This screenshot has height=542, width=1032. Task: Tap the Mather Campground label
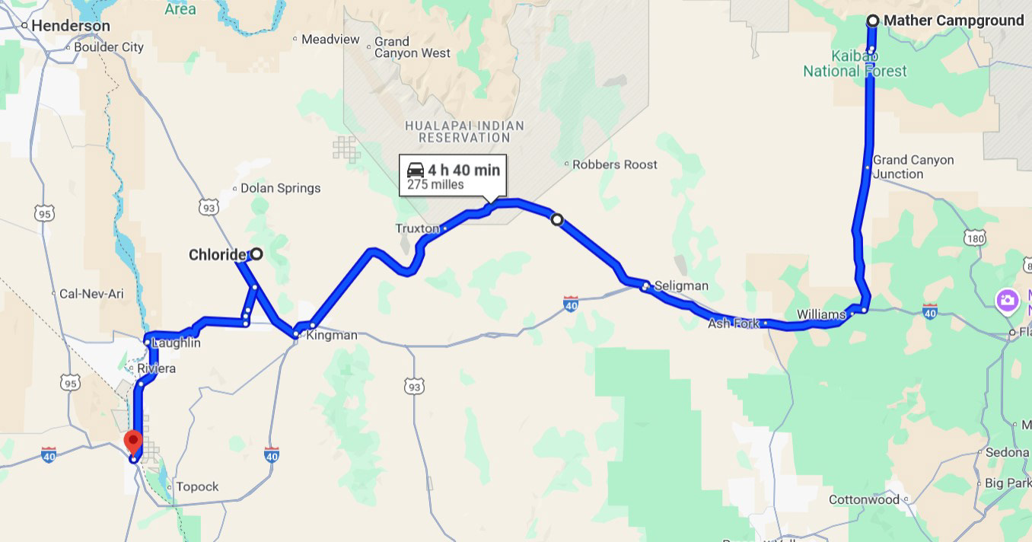pyautogui.click(x=954, y=21)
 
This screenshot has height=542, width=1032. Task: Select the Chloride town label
pyautogui.click(x=218, y=254)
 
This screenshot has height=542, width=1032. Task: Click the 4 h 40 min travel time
pyautogui.click(x=463, y=170)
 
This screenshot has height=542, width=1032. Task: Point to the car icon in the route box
pyautogui.click(x=415, y=170)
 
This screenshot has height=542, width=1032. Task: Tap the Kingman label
pyautogui.click(x=331, y=335)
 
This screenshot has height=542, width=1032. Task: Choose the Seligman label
pyautogui.click(x=681, y=286)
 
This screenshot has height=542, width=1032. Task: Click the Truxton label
pyautogui.click(x=417, y=228)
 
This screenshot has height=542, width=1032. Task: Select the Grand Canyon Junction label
pyautogui.click(x=913, y=167)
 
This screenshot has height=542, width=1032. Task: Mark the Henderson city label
pyautogui.click(x=70, y=26)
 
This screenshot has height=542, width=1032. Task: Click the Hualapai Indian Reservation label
pyautogui.click(x=464, y=132)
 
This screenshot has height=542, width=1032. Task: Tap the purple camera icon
pyautogui.click(x=1008, y=300)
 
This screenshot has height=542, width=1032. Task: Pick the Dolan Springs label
pyautogui.click(x=280, y=188)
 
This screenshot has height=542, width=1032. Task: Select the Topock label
pyautogui.click(x=197, y=486)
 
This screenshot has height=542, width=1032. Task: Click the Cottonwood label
pyautogui.click(x=864, y=500)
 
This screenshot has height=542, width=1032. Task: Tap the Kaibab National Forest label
pyautogui.click(x=855, y=64)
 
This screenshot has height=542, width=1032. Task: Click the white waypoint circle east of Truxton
pyautogui.click(x=557, y=220)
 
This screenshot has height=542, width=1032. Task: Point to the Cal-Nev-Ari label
pyautogui.click(x=91, y=294)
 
